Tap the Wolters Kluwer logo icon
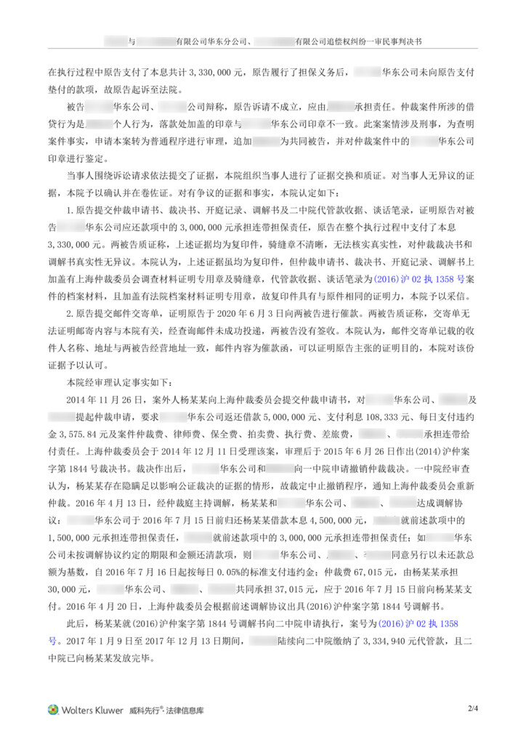(x=53, y=710)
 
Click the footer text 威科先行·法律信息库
(x=168, y=711)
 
